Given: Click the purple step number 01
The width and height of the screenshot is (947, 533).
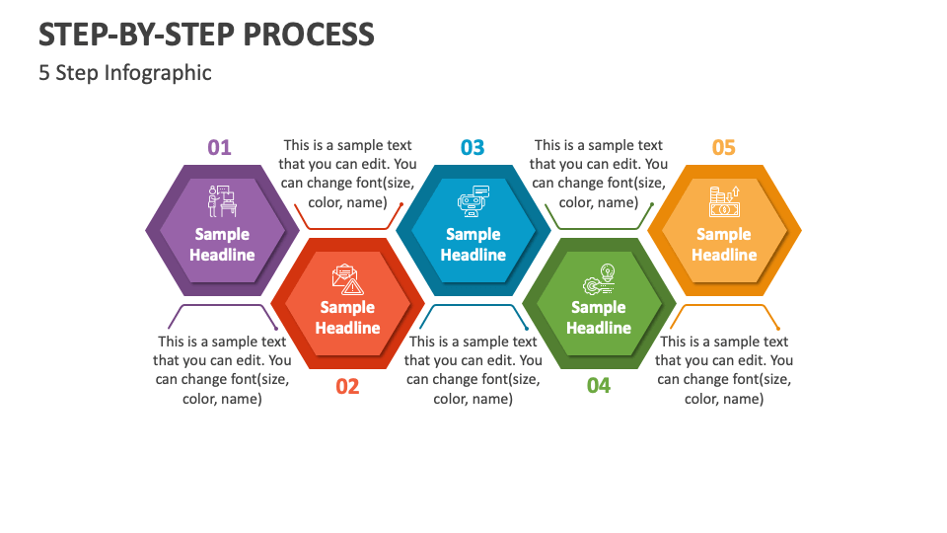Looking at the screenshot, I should (x=219, y=148).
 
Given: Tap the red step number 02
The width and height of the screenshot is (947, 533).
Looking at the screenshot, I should (x=347, y=387).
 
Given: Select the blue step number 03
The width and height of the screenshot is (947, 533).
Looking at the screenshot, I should (x=473, y=148).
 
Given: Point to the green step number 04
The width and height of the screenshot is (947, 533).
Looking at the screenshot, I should (x=599, y=386).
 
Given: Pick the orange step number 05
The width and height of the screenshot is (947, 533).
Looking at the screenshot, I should (x=724, y=148).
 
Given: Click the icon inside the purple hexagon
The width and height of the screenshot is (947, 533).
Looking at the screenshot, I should (x=222, y=200).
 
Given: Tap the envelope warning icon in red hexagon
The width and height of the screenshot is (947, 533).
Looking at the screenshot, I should (x=347, y=280).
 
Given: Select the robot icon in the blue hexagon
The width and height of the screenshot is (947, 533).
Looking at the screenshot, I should (x=473, y=200).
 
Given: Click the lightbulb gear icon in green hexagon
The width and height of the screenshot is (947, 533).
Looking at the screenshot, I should (x=599, y=280).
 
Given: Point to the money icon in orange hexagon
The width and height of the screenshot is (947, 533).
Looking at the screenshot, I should (x=724, y=201).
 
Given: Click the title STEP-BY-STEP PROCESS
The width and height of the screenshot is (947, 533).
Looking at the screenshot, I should (x=206, y=35).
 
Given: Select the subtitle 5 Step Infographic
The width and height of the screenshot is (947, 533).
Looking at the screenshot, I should (x=125, y=73).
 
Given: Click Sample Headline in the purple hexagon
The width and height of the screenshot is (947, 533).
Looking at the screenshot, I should (x=222, y=245).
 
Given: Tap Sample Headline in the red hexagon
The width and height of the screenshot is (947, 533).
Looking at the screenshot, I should (x=347, y=318).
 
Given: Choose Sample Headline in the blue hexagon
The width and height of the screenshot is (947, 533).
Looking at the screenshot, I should (x=473, y=245).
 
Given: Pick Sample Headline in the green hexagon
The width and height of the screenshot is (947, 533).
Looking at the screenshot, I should (x=599, y=318).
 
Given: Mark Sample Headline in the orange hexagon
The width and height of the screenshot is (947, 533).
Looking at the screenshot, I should (x=724, y=245).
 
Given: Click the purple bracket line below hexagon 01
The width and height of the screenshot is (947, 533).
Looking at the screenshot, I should (x=222, y=305).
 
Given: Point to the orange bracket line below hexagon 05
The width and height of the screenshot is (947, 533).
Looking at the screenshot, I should (x=725, y=305).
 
